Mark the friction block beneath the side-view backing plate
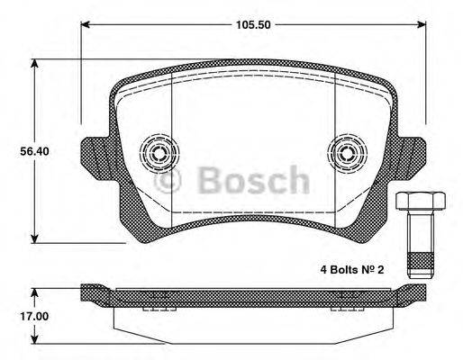pyautogui.click(x=252, y=319)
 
